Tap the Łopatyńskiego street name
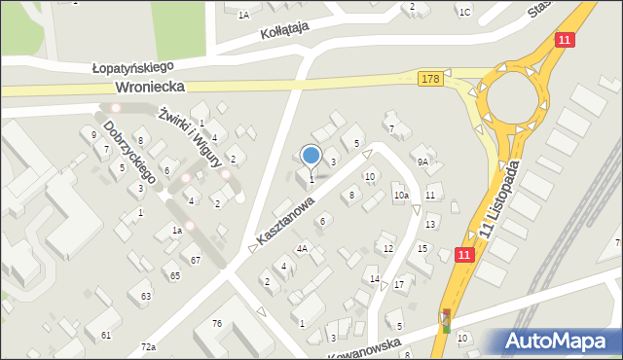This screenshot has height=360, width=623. [x=131, y=67]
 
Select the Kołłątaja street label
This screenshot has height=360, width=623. [x=284, y=31]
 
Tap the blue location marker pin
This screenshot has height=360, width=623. [x=311, y=156]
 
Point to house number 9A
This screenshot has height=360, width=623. [x=422, y=162]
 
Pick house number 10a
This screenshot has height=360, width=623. [x=401, y=196]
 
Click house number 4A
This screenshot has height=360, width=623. [x=302, y=248]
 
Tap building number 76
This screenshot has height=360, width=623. [x=217, y=323]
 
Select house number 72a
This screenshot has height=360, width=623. [x=148, y=347]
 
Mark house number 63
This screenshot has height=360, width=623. [x=146, y=296]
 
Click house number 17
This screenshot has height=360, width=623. [x=399, y=284]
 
